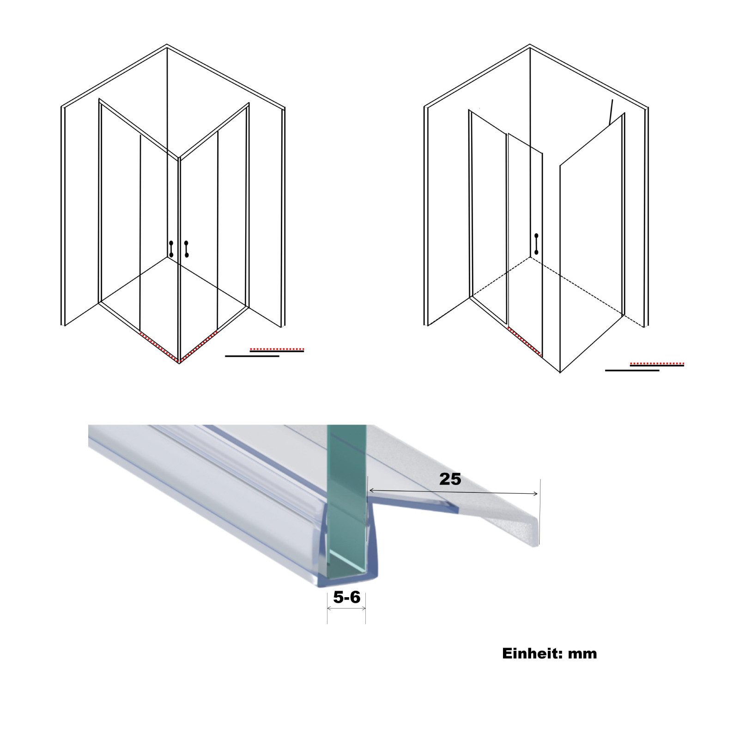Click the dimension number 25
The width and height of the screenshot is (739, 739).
450,479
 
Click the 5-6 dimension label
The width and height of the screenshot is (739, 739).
346,597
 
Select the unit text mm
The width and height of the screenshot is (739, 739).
582,654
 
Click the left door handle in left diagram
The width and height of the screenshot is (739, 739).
171,249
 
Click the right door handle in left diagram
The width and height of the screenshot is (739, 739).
187,249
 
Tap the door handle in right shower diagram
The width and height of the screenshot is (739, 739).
536,244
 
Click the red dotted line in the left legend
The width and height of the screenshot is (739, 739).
277,349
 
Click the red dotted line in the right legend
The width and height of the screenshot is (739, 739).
657,363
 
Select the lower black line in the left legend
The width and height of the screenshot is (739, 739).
252,356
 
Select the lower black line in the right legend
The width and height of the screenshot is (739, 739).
632,370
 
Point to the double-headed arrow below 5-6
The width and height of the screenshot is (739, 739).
346,608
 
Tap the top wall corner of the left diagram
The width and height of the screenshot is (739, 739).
167,45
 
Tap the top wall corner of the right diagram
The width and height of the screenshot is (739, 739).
530,45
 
